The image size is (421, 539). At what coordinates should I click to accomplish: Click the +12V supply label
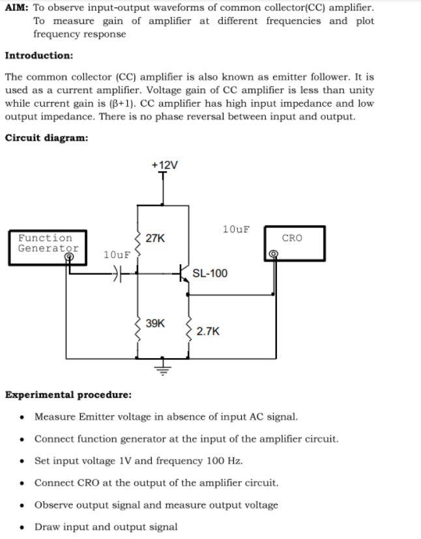coord(164,165)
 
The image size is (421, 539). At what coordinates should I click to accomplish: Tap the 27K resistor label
coord(155,238)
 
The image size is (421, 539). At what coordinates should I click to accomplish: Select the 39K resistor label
coord(155,323)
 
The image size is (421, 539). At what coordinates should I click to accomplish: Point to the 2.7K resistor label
coord(208,331)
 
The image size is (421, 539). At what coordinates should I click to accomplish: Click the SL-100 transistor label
coord(210,273)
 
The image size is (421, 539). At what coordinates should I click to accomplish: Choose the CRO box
coord(292,243)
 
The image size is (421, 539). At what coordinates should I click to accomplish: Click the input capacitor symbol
coord(118,274)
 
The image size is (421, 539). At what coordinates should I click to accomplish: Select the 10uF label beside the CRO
coord(236,229)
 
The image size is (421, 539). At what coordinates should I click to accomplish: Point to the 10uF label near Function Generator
coord(117,254)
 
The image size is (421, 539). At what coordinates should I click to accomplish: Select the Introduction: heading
coord(39,56)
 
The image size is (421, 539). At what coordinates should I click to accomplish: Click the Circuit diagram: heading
coord(46,138)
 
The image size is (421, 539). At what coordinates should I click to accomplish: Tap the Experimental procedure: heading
coord(68,394)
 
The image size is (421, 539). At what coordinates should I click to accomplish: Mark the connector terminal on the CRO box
coord(274,255)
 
